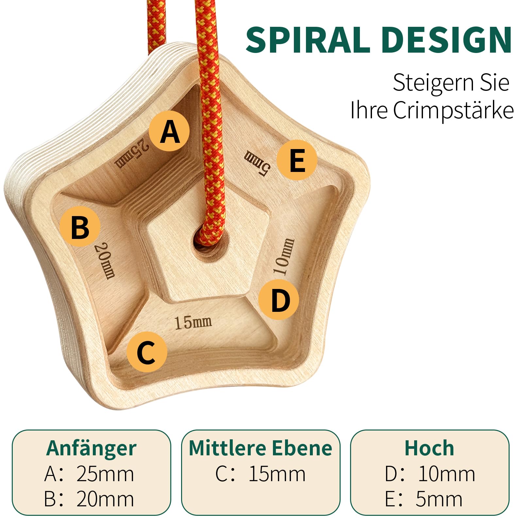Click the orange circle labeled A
tap(169, 131)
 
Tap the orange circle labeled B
tap(80, 227)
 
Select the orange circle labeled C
tap(147, 352)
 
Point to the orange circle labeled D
tap(279, 300)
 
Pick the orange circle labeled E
tap(297, 160)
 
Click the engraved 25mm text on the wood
tap(132, 153)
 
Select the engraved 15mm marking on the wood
tap(193, 322)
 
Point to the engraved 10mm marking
tap(284, 257)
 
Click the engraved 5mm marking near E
tap(257, 162)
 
